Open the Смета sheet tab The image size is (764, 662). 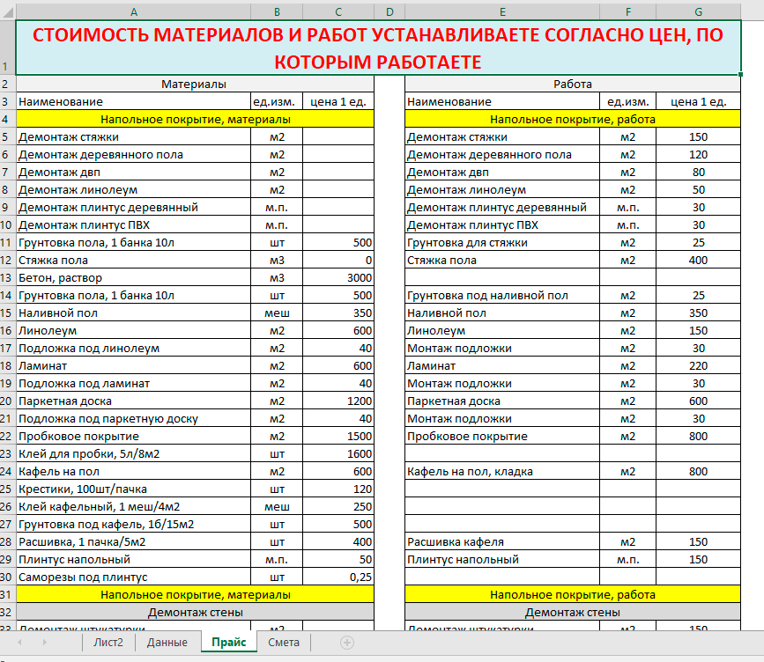click(284, 642)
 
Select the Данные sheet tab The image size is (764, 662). click(167, 642)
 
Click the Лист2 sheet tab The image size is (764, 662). click(108, 642)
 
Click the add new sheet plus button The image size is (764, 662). click(346, 643)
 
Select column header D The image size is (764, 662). click(389, 11)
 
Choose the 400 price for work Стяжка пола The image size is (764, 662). click(698, 260)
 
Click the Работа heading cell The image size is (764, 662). click(572, 84)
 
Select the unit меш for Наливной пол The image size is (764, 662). click(277, 313)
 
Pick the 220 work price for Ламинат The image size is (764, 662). click(698, 365)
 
